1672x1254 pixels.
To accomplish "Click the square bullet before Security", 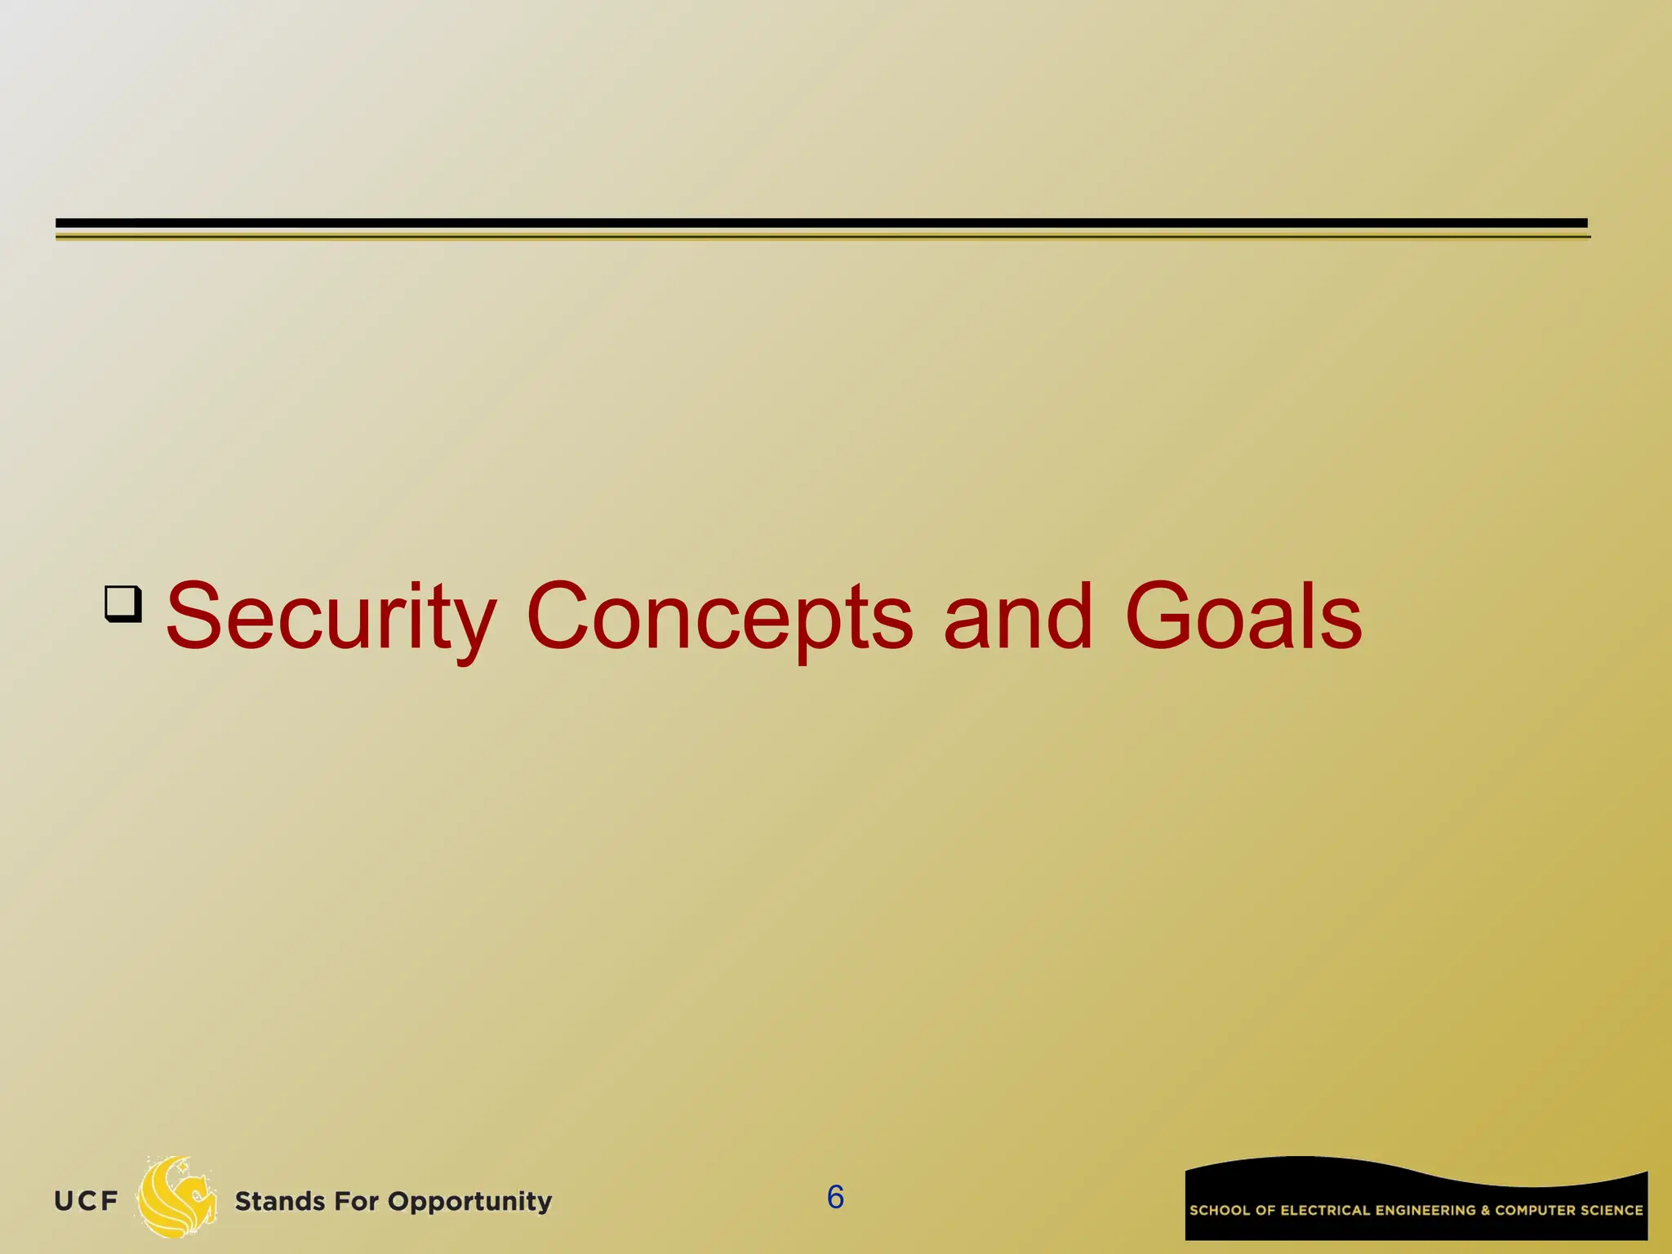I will click(x=123, y=604).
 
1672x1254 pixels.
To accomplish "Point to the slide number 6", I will click(x=835, y=1198).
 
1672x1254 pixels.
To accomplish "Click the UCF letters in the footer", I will click(x=86, y=1202).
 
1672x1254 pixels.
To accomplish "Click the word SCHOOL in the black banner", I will click(x=1220, y=1211).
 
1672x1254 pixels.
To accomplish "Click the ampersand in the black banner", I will click(x=1486, y=1211).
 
